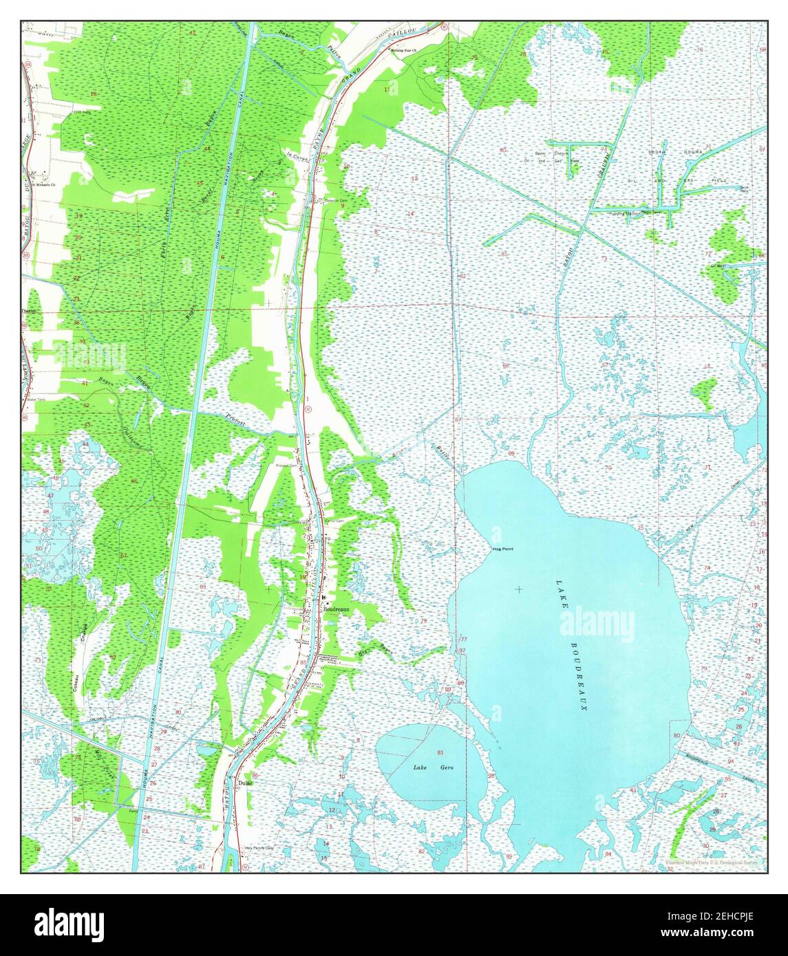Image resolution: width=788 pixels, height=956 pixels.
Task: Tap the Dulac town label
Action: point(246,783)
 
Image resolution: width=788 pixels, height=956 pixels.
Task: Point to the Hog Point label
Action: point(503,549)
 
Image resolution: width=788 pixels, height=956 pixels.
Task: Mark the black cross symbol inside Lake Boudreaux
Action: point(518,589)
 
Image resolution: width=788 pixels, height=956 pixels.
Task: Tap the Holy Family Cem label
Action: point(259,849)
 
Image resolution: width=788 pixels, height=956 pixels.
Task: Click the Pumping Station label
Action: point(624,213)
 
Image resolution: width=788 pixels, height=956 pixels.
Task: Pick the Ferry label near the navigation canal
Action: point(134,812)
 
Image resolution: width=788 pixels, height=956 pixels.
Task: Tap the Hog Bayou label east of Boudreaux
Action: point(371,651)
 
